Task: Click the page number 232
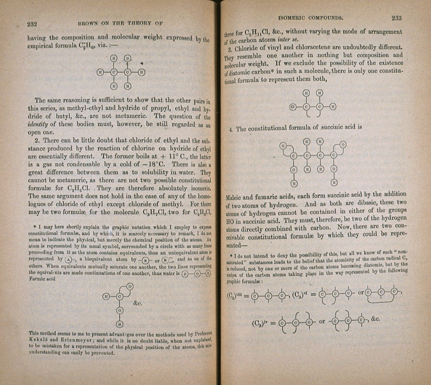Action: pyautogui.click(x=33, y=24)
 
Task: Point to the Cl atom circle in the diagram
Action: pyautogui.click(x=293, y=107)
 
